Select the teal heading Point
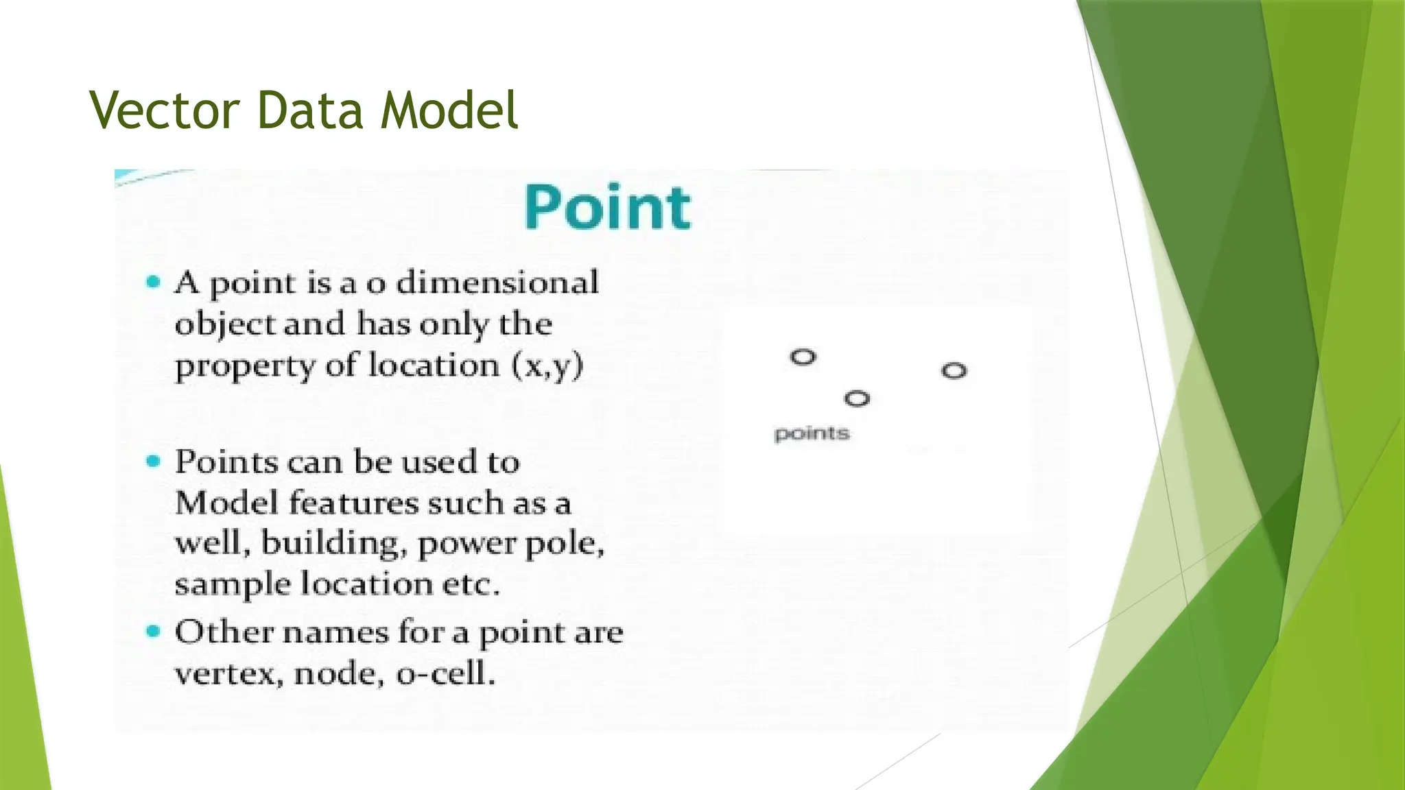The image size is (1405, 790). click(608, 207)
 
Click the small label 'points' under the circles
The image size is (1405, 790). click(812, 433)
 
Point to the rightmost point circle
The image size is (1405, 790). click(954, 371)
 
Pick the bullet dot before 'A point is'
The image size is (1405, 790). click(154, 282)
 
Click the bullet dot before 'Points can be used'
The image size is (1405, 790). click(154, 461)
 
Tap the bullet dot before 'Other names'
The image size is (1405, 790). click(154, 631)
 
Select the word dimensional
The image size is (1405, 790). click(497, 283)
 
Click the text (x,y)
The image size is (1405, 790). click(547, 365)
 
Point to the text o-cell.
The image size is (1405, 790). click(446, 673)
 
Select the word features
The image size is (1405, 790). click(353, 503)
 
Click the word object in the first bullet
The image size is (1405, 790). click(224, 324)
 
